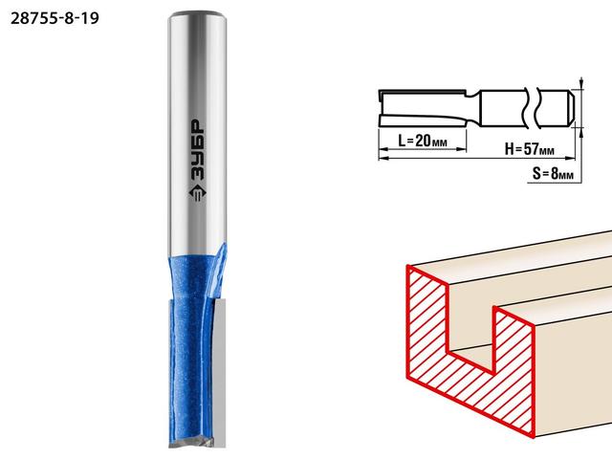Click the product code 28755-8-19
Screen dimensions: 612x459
tap(55, 18)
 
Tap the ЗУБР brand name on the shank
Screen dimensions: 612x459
tap(196, 150)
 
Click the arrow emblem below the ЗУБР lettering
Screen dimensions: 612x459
tap(197, 192)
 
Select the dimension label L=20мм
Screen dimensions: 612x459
tap(423, 141)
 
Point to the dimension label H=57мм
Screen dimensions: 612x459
tap(529, 149)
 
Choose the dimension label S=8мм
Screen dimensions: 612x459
tap(553, 173)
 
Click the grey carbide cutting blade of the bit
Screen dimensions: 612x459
tap(219, 373)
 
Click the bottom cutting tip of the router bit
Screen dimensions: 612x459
tap(192, 443)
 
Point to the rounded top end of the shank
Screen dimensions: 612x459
tap(198, 15)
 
